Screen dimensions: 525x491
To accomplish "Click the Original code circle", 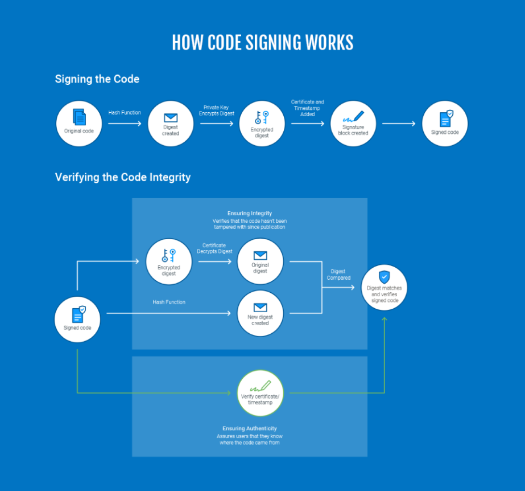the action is tap(79, 124).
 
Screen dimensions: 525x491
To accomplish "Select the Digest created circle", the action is tap(171, 124).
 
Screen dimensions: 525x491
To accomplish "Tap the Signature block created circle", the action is tap(353, 124).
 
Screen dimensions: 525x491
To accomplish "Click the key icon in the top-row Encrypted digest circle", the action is tap(262, 117).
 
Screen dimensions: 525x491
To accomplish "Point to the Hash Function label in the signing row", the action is tap(125, 113).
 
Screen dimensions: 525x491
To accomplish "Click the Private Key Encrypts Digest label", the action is tap(216, 111).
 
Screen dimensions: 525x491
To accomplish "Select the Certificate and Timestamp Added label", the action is tap(307, 108).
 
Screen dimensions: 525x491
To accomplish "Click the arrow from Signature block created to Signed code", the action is tap(399, 124).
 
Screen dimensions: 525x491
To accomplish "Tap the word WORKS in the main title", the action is tap(329, 43).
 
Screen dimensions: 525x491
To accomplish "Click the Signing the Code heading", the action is tap(97, 79).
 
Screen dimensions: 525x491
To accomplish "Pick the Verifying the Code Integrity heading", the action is tap(123, 177).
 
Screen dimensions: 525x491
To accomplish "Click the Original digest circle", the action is tap(260, 261).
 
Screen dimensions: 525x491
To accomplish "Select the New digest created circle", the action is tap(260, 313).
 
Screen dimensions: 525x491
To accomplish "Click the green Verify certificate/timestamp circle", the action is tap(260, 393).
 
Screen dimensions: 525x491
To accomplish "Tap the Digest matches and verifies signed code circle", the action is tap(385, 288).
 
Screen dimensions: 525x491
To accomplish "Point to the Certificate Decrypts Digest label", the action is tap(214, 248).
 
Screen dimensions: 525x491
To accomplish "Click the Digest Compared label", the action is tap(338, 275).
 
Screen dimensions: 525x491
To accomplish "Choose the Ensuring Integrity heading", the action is tap(250, 213).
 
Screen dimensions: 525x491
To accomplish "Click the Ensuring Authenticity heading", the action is tap(250, 428).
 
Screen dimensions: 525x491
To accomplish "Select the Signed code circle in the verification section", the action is tap(77, 320).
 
